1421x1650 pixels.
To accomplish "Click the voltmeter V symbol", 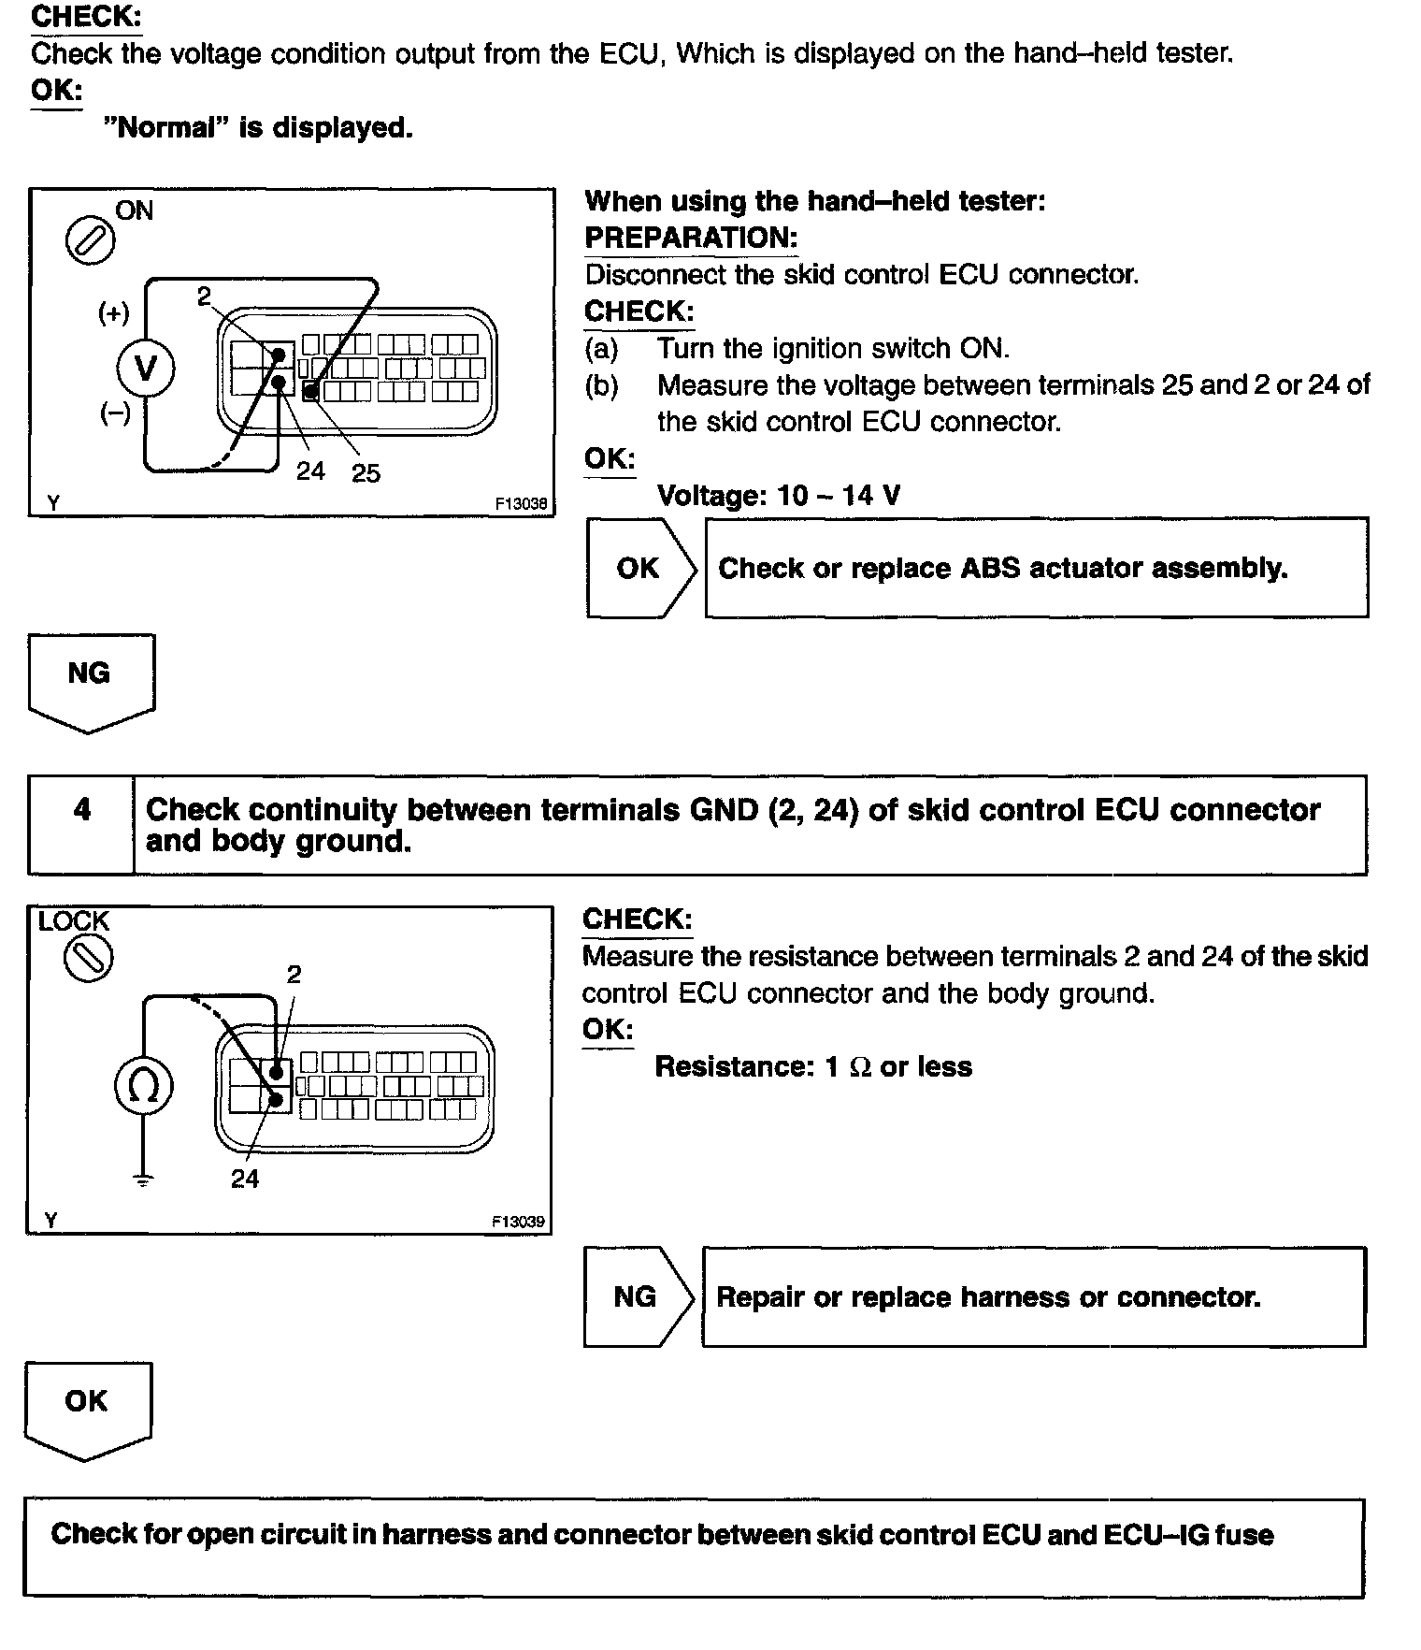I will coord(145,368).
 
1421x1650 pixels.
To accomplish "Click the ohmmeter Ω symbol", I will coord(143,1086).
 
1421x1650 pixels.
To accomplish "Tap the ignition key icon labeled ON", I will coord(90,242).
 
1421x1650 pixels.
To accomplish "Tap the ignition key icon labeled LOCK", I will coord(87,958).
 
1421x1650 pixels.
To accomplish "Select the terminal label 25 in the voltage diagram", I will coord(366,473).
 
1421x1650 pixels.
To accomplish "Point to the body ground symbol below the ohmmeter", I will coord(142,1181).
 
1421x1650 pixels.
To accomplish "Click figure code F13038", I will coord(521,503).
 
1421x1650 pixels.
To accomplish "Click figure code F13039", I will coord(518,1222).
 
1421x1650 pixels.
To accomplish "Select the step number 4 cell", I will coord(82,810).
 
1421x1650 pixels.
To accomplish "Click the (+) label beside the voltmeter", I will coord(114,312).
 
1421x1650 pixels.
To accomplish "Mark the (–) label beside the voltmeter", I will coord(115,413).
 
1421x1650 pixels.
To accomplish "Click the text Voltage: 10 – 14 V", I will coord(779,495).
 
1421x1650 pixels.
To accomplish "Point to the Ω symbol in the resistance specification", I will coord(859,1067).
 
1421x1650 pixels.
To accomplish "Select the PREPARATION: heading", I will coord(691,238).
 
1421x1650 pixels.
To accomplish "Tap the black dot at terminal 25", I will coord(310,391).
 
